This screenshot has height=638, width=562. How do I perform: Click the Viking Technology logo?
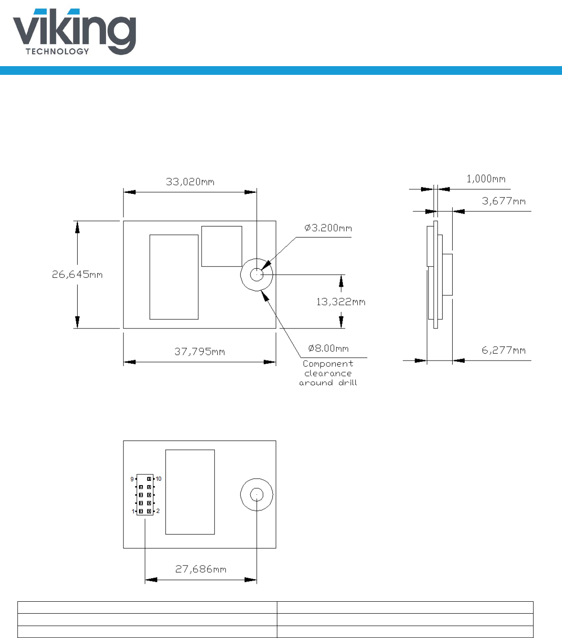click(x=74, y=32)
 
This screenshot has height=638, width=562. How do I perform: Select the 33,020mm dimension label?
click(x=190, y=182)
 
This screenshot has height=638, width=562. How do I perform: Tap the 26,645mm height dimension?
click(x=77, y=275)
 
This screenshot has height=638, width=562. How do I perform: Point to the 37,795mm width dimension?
click(x=199, y=352)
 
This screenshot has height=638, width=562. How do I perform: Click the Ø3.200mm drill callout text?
click(x=328, y=228)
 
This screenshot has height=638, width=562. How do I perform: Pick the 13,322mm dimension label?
click(x=341, y=302)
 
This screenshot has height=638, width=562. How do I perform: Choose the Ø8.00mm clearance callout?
click(x=328, y=349)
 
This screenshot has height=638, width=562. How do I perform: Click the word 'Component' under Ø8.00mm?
click(x=328, y=364)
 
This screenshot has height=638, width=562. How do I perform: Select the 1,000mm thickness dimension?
click(x=486, y=179)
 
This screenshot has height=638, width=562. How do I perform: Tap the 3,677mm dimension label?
click(x=503, y=201)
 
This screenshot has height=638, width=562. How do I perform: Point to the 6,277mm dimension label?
click(x=503, y=350)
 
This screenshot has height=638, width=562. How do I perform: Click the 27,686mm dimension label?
click(x=201, y=570)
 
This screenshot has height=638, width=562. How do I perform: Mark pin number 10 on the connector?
click(x=158, y=479)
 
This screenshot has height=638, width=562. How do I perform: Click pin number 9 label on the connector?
click(x=132, y=479)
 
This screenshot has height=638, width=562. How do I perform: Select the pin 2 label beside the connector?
click(x=158, y=511)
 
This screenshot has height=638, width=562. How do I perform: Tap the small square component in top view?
click(x=222, y=246)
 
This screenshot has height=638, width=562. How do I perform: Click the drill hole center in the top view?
click(x=257, y=275)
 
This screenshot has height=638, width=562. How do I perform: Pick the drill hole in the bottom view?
click(x=257, y=495)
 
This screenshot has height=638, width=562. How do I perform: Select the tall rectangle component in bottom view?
click(x=190, y=492)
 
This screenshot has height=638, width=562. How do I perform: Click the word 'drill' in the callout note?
click(x=348, y=383)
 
